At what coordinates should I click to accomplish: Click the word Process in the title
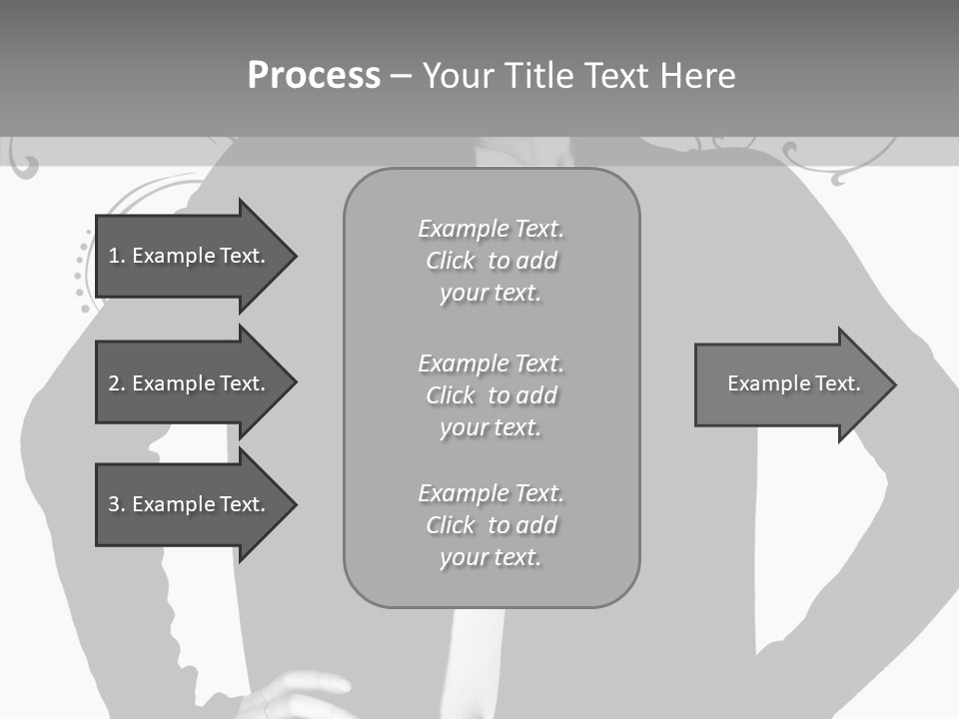[x=314, y=76]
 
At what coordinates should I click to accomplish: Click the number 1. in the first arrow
[x=117, y=256]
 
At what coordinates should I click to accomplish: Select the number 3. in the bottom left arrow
[x=117, y=504]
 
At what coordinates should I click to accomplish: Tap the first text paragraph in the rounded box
[x=490, y=261]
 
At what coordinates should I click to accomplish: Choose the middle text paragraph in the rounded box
[x=490, y=395]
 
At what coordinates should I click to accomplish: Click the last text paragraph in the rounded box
[x=490, y=525]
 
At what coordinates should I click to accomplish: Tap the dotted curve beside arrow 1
[x=81, y=275]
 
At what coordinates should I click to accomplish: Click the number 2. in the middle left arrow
[x=117, y=383]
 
